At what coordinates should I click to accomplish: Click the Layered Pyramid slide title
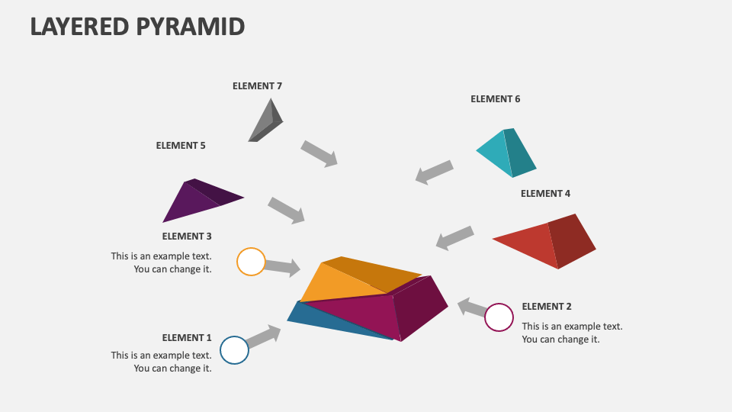137,26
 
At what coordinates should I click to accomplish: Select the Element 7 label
257,86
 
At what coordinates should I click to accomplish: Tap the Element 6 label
495,99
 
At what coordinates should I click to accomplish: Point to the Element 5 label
181,145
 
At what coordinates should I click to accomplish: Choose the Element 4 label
545,194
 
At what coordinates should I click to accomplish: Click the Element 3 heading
187,237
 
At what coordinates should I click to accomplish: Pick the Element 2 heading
547,307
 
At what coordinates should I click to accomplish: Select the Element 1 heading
187,338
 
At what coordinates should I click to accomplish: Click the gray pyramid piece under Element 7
266,122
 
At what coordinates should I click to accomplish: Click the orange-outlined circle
251,262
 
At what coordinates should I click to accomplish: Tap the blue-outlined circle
235,350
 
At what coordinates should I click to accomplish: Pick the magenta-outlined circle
499,317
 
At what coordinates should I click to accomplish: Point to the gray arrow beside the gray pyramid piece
319,153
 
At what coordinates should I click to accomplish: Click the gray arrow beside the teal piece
435,172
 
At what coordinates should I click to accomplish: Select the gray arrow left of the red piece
455,237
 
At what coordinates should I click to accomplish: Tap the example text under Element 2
572,333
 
